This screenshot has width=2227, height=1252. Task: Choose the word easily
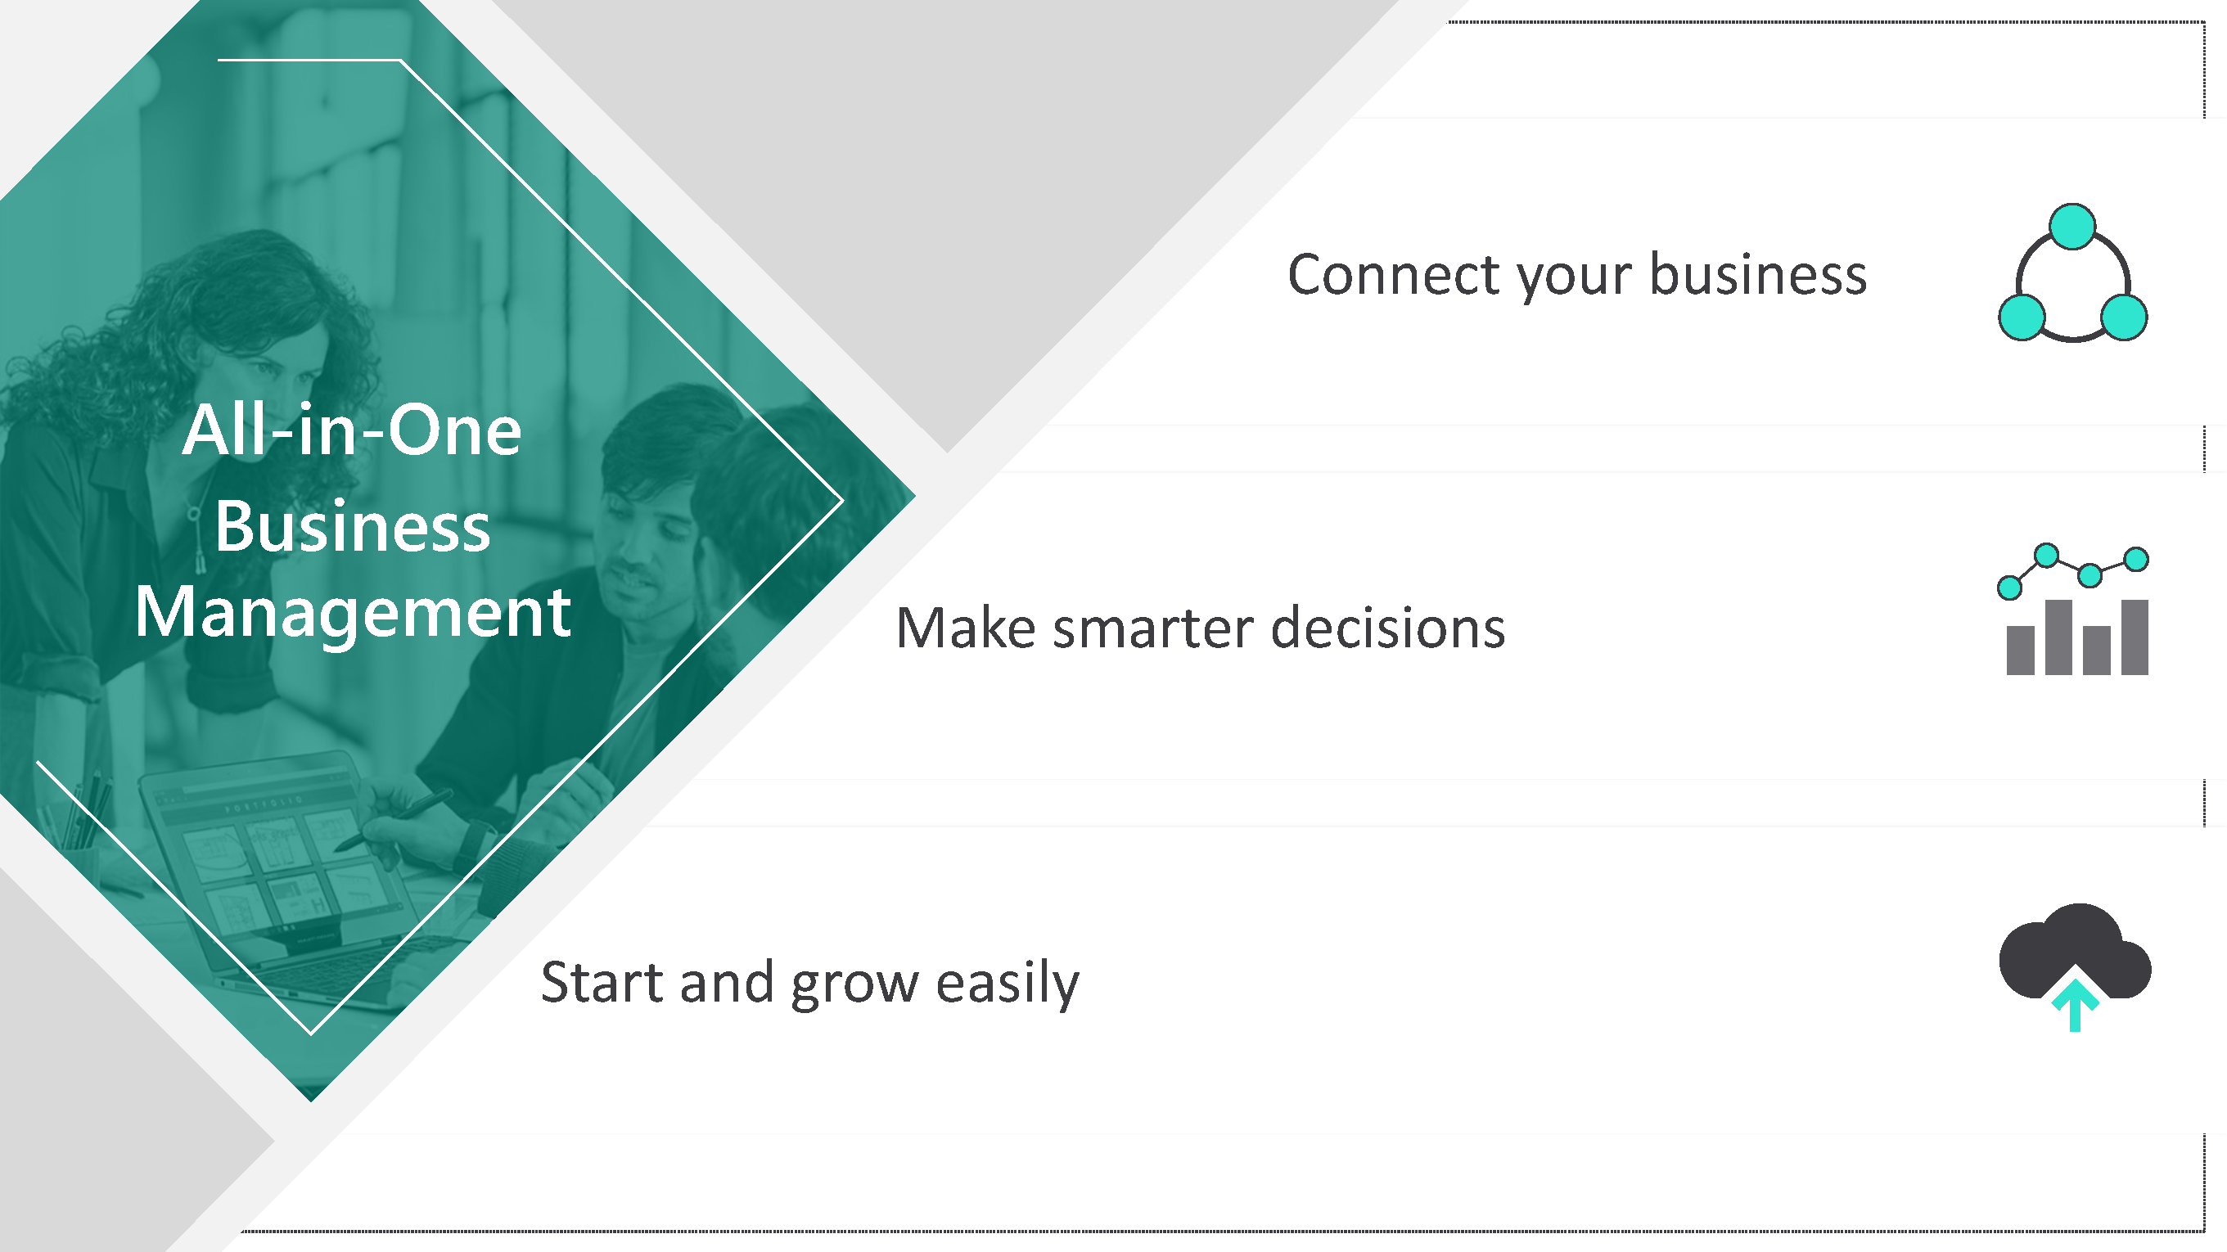(1008, 983)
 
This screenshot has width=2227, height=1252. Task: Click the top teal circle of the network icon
(2072, 226)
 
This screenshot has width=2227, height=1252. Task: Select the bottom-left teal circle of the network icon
(2022, 318)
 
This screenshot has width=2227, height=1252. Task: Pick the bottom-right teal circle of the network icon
(2124, 318)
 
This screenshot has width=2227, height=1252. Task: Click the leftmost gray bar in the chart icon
(2021, 650)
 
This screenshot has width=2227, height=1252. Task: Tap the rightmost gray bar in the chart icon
(2135, 637)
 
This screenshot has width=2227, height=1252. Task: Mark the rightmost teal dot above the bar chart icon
(2136, 560)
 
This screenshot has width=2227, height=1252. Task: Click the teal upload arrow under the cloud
(2075, 1005)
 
